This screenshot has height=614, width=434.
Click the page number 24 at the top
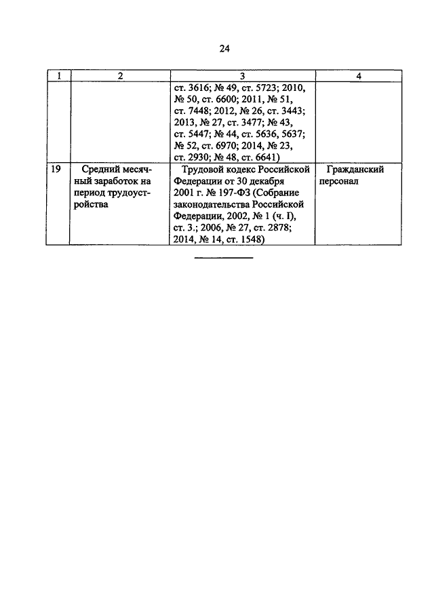coord(224,49)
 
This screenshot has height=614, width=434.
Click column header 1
coord(59,76)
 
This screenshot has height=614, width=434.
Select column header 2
coord(120,76)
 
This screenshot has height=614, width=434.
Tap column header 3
coord(242,76)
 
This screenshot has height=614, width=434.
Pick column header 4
coord(359,76)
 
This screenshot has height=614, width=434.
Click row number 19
coord(56,170)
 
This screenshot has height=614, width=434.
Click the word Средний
coord(98,170)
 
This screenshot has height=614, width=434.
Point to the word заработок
coord(111,181)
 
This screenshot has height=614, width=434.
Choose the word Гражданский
coord(355,170)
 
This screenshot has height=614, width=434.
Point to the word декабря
coord(267,181)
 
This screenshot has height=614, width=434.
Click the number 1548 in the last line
coord(251,239)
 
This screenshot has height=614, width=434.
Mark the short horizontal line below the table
coord(224,258)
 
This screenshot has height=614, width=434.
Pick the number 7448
coord(199,111)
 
